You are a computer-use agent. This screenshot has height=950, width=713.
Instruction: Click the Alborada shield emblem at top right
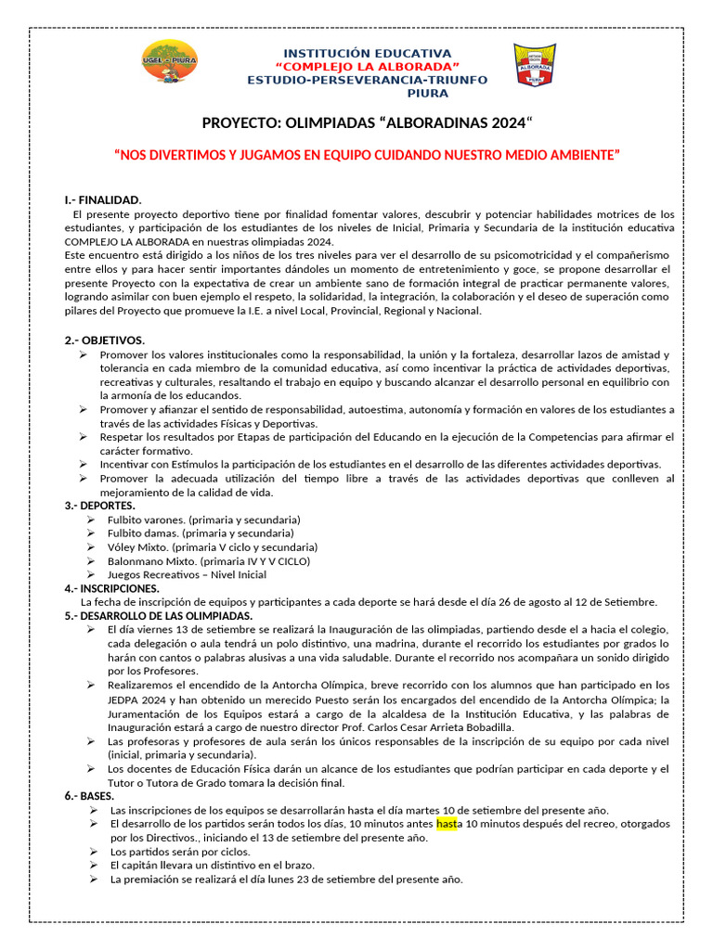point(535,67)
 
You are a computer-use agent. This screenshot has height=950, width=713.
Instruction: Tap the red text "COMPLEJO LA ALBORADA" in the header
point(367,68)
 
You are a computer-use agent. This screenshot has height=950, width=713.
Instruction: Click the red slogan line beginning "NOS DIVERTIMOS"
point(366,155)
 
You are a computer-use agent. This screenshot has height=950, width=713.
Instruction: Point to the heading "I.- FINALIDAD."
point(103,199)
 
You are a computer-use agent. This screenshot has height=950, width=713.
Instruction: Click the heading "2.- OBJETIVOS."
point(104,340)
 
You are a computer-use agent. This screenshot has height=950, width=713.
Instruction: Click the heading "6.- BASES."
point(89,796)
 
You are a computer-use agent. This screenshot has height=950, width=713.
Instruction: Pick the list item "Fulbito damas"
point(201,533)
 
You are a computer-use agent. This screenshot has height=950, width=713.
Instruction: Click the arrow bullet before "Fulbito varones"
point(91,520)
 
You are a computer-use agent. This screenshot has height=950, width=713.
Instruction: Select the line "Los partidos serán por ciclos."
point(179,852)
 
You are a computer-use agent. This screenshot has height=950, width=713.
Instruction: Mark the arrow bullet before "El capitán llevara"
point(95,866)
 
